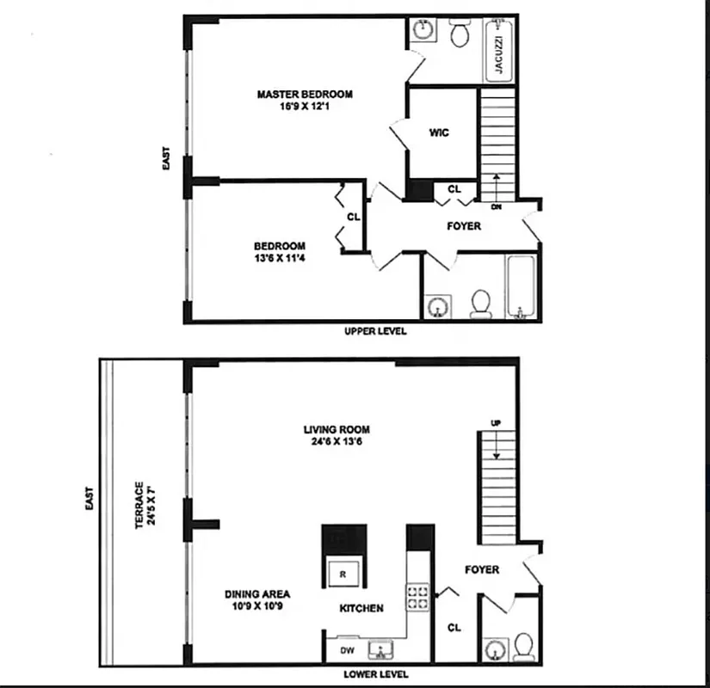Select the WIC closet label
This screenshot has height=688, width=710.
click(439, 132)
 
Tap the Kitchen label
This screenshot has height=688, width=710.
click(361, 608)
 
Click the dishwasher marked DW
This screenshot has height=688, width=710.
click(348, 651)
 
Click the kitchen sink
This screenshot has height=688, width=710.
click(381, 649)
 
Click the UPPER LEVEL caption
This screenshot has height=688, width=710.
click(375, 331)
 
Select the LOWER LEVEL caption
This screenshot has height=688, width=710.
click(375, 674)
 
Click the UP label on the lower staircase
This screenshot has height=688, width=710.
click(495, 423)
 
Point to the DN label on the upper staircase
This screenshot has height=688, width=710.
click(496, 207)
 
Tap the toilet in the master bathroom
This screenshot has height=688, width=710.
click(458, 34)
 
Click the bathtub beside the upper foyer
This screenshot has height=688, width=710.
click(521, 286)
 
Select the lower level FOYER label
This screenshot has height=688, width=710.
click(482, 569)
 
